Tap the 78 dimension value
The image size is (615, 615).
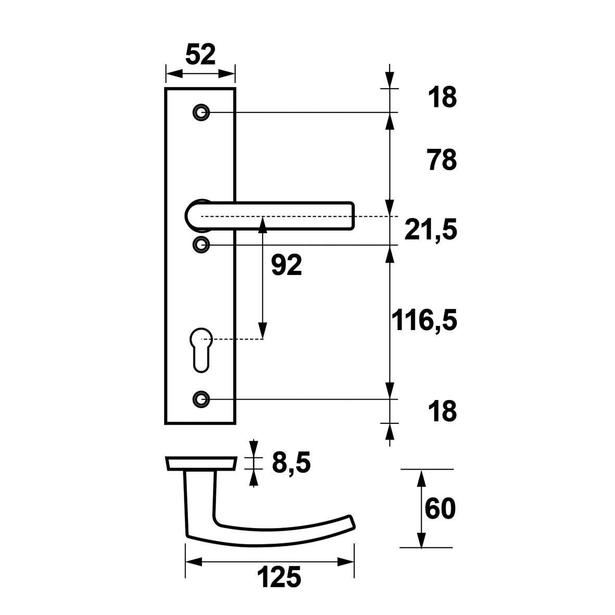pyautogui.click(x=442, y=160)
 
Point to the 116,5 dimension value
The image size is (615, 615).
pyautogui.click(x=424, y=320)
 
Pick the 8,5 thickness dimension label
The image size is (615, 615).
pyautogui.click(x=291, y=463)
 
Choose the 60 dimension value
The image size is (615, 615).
pyautogui.click(x=440, y=509)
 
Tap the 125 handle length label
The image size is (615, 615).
pyautogui.click(x=279, y=577)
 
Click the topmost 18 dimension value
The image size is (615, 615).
pyautogui.click(x=443, y=98)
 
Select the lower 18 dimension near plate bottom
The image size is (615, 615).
pyautogui.click(x=443, y=411)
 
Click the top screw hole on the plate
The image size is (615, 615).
pyautogui.click(x=202, y=112)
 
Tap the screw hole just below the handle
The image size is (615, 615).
pyautogui.click(x=202, y=245)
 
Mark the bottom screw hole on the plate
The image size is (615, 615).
pyautogui.click(x=202, y=399)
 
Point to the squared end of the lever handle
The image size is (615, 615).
pyautogui.click(x=350, y=216)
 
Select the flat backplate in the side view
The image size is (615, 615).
pyautogui.click(x=201, y=463)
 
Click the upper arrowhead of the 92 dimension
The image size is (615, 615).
pyautogui.click(x=262, y=225)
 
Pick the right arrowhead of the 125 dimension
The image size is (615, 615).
pyautogui.click(x=346, y=562)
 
